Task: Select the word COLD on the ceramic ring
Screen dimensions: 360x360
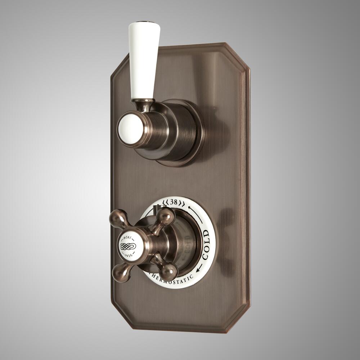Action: (206, 245)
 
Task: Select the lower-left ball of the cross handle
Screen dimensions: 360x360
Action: (120, 273)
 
